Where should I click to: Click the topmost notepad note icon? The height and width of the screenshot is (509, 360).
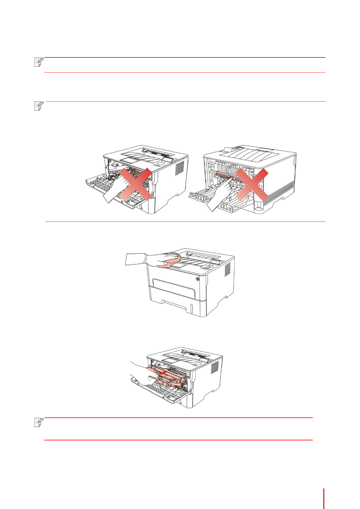coord(39,62)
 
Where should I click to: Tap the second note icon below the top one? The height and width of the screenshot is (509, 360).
coord(39,106)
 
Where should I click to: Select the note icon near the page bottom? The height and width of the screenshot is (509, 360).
coord(39,422)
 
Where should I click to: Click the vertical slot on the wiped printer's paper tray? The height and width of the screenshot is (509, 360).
coord(191,308)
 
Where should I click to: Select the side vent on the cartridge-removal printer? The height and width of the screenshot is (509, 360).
coord(214,367)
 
